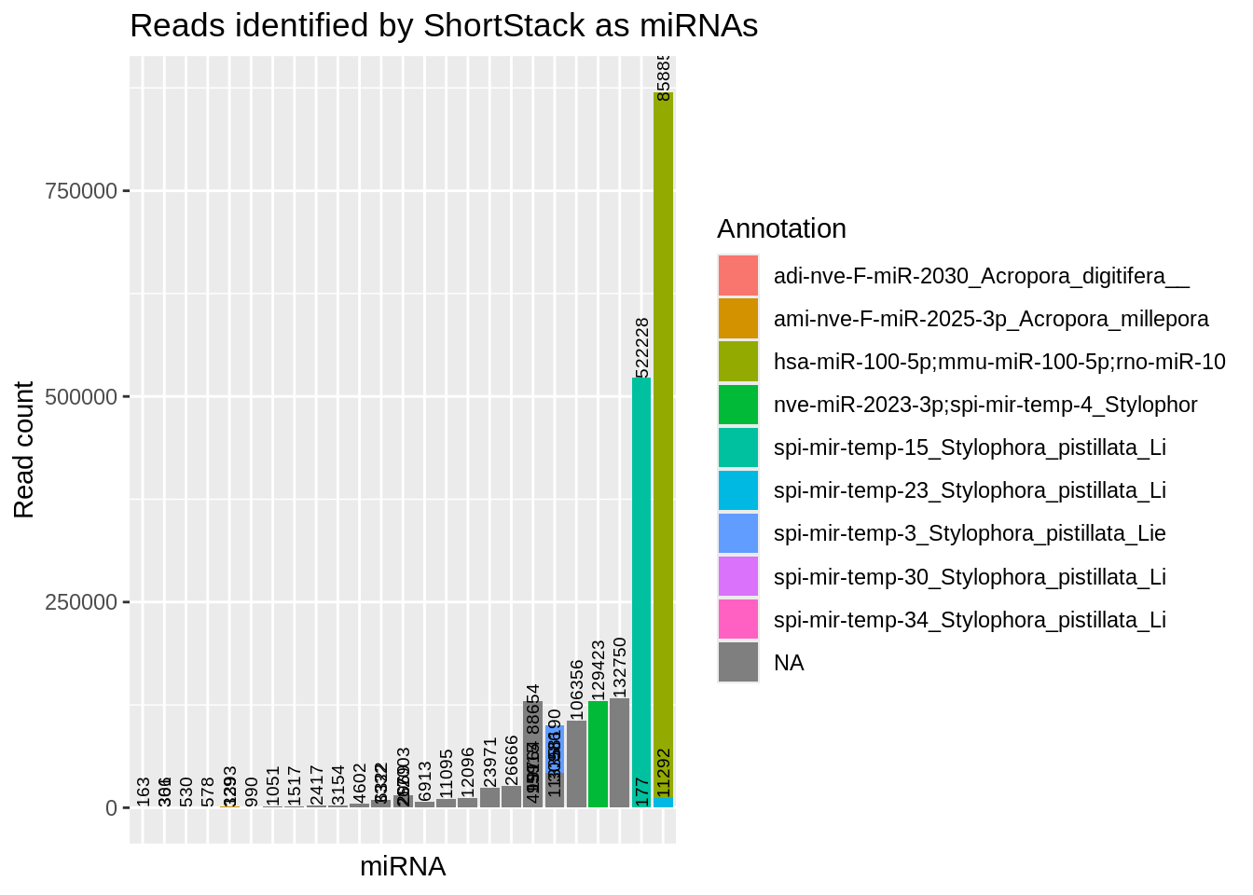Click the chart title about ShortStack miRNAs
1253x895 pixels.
pyautogui.click(x=444, y=26)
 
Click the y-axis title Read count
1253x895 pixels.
pyautogui.click(x=24, y=449)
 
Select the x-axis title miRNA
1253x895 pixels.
pyautogui.click(x=403, y=867)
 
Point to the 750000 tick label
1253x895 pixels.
pyautogui.click(x=81, y=191)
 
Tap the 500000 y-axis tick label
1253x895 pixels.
pyautogui.click(x=81, y=397)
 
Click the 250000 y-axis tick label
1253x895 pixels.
pyautogui.click(x=81, y=602)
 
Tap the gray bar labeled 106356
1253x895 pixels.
pyautogui.click(x=576, y=764)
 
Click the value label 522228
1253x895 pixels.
pyautogui.click(x=641, y=347)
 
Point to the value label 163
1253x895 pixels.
pyautogui.click(x=144, y=792)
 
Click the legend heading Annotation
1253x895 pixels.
pyautogui.click(x=782, y=228)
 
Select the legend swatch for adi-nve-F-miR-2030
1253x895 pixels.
pyautogui.click(x=738, y=276)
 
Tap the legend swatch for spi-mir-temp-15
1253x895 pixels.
pyautogui.click(x=738, y=447)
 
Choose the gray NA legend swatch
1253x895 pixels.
pyautogui.click(x=738, y=663)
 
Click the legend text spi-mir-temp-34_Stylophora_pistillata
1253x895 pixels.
pyautogui.click(x=970, y=620)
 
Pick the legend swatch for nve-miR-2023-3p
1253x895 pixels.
pyautogui.click(x=738, y=405)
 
